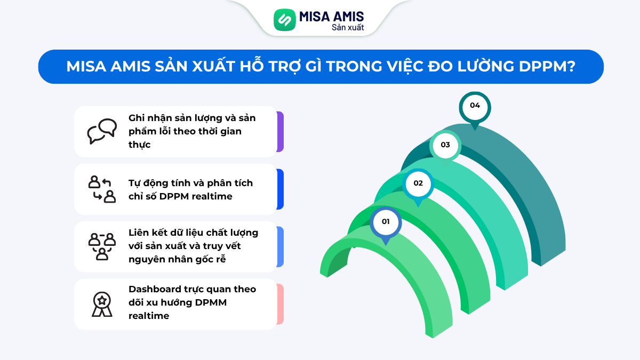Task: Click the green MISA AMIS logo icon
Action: [x=284, y=20]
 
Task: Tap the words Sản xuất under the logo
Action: [x=348, y=27]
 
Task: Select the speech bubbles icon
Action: [x=102, y=131]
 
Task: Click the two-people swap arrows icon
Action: [x=102, y=189]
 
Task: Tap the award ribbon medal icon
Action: [x=102, y=304]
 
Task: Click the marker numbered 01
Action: [x=386, y=222]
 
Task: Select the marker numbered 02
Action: [x=418, y=183]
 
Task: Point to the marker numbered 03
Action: [x=445, y=145]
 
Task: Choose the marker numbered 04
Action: [x=475, y=106]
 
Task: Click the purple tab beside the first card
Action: [x=281, y=131]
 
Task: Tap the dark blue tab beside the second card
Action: [x=281, y=189]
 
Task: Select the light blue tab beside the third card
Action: [x=281, y=246]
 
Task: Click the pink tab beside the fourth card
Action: [x=281, y=304]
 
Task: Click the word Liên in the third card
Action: [x=138, y=233]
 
